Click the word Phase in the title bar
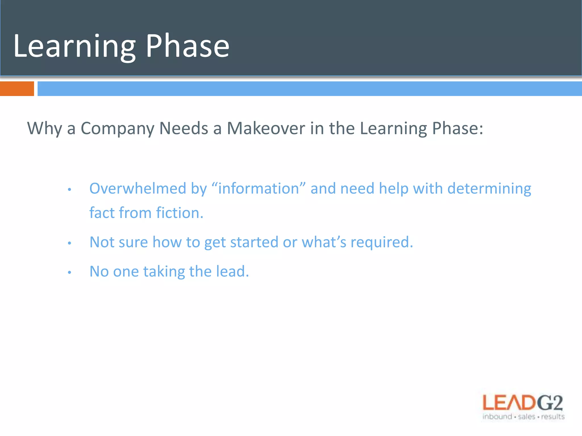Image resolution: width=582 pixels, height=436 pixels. (188, 46)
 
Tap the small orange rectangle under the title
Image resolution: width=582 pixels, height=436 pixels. (17, 89)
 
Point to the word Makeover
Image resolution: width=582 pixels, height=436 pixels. (266, 128)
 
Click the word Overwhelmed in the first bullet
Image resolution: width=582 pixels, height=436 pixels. (138, 188)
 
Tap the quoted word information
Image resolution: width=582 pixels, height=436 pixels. (259, 188)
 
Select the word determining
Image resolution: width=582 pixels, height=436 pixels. (489, 189)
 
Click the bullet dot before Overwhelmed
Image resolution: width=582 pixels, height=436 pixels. (69, 190)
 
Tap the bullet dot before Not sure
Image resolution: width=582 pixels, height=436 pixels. (69, 243)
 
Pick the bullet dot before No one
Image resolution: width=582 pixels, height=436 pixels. (69, 272)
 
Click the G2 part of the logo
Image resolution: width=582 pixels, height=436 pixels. (550, 403)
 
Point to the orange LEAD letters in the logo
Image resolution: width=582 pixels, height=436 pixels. (509, 403)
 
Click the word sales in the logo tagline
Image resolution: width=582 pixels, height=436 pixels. (527, 417)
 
